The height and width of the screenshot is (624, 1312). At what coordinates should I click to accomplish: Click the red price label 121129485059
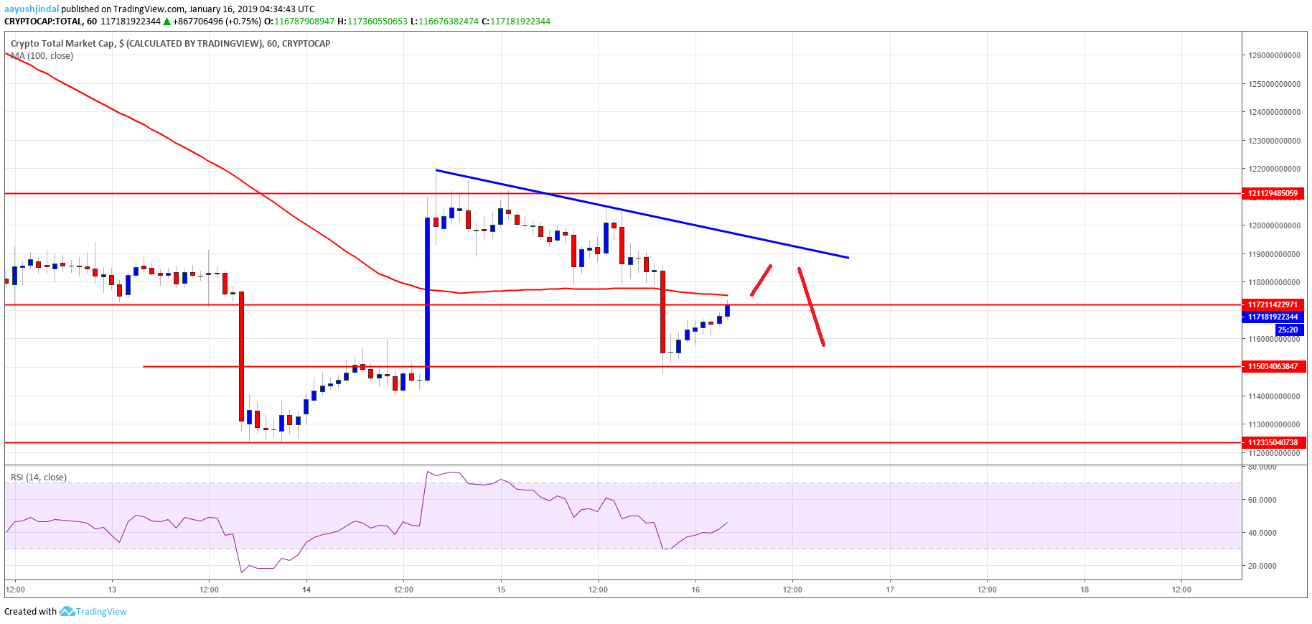(x=1273, y=193)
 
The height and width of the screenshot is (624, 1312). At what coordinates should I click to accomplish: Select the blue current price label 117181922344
(x=1273, y=317)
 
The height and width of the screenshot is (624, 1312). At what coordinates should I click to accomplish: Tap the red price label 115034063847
(x=1273, y=366)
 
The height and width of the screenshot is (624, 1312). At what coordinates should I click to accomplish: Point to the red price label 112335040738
(x=1273, y=442)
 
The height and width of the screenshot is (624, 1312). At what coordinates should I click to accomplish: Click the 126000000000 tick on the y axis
(x=1274, y=55)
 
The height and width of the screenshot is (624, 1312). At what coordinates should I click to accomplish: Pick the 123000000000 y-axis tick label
(x=1274, y=141)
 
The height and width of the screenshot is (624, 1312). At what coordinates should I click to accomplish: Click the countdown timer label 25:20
(x=1288, y=330)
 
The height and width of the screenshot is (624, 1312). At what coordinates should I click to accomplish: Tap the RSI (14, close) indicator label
(x=39, y=477)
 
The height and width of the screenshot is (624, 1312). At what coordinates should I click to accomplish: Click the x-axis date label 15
(x=501, y=590)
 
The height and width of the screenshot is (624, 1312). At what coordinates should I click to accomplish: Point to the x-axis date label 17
(x=890, y=590)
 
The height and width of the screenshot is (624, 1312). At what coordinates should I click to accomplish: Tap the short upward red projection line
(x=761, y=280)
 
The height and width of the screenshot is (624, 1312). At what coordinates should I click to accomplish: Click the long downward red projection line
(x=811, y=307)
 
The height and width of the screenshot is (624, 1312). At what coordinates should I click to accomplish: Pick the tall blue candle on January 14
(x=428, y=298)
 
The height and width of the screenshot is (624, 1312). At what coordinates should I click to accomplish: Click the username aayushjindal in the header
(x=32, y=9)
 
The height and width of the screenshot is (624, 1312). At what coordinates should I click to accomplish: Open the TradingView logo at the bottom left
(x=93, y=611)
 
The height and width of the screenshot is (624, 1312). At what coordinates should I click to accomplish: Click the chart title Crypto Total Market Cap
(x=62, y=44)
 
